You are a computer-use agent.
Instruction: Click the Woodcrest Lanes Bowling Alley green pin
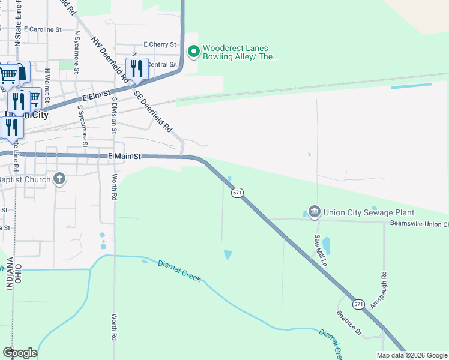[x=193, y=52]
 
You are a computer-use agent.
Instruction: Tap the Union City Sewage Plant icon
[x=314, y=211]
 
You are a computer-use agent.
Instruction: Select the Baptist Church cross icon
[x=59, y=179]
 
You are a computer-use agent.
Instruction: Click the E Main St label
[x=124, y=156]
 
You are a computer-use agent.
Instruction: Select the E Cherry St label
[x=160, y=44]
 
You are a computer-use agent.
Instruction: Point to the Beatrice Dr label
[x=349, y=323]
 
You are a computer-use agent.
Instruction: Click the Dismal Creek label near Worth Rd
[x=179, y=271]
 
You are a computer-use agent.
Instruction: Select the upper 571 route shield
[x=237, y=192]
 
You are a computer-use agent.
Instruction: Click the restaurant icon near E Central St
[x=137, y=70]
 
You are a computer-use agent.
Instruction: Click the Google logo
[x=20, y=353]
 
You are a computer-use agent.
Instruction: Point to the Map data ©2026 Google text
[x=411, y=355]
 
